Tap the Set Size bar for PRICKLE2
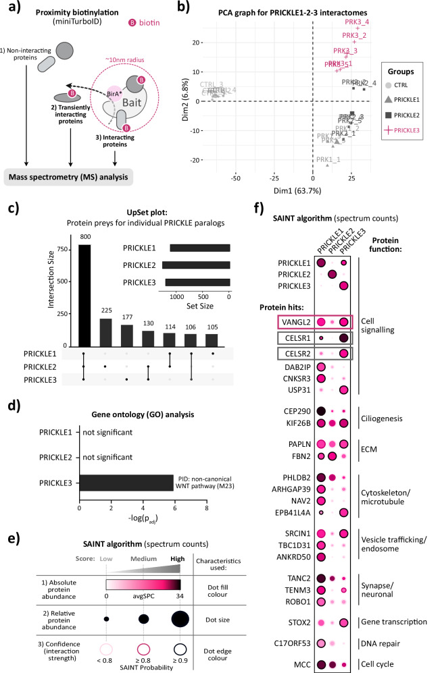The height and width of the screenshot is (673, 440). [x=195, y=265]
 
